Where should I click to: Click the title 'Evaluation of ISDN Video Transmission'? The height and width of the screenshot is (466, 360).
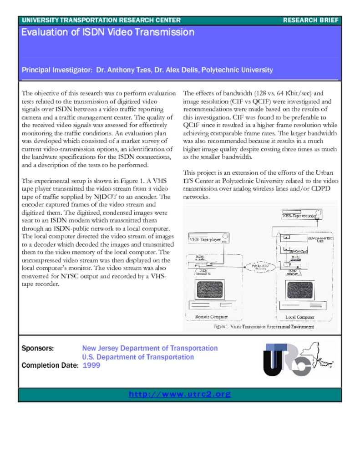click(107, 32)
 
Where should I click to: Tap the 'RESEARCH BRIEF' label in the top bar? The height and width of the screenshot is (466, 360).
click(310, 20)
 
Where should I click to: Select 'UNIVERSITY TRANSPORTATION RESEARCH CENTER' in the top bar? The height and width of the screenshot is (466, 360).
click(101, 20)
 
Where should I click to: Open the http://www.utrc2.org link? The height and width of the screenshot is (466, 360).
click(180, 394)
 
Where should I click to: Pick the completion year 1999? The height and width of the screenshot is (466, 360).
click(91, 365)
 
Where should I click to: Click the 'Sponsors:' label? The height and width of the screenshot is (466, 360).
click(38, 348)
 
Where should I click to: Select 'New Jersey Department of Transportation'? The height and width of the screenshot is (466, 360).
click(150, 348)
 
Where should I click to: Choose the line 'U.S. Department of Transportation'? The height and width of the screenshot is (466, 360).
click(138, 357)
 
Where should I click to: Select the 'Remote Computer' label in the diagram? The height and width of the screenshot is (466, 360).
click(212, 317)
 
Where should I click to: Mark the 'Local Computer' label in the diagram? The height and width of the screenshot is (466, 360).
click(299, 317)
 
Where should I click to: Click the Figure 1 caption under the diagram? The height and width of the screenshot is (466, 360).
click(264, 327)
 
